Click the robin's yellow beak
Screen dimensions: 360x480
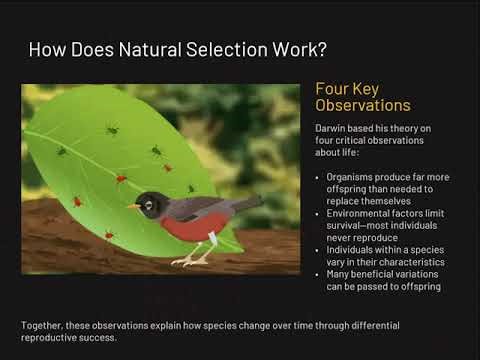(x=132, y=207)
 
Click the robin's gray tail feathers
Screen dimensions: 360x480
(x=246, y=206)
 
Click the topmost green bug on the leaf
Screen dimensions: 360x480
(x=112, y=129)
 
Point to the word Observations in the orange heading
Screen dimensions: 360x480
(x=364, y=106)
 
